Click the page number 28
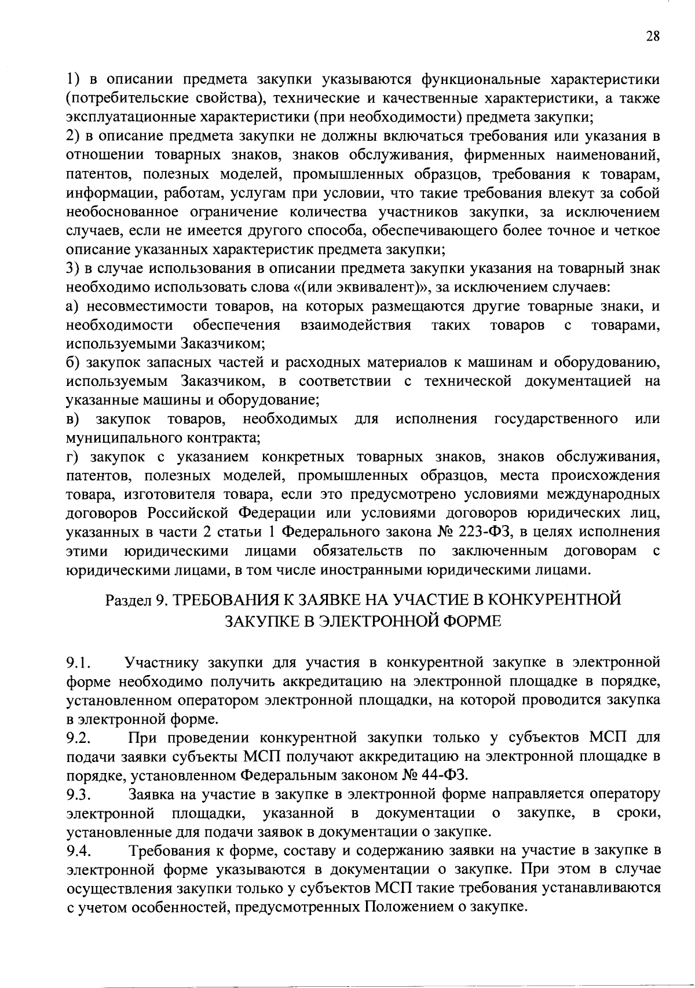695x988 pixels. (653, 37)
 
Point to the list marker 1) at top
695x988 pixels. (71, 79)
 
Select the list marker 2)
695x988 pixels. (71, 137)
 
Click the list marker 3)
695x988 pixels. (71, 269)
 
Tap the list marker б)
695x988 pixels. (71, 363)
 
